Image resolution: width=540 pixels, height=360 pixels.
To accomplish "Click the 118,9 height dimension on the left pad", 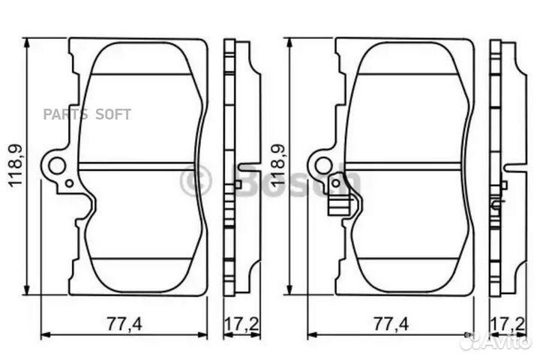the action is pos(16,166).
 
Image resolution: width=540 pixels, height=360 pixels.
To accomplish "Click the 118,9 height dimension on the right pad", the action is pos(278,166).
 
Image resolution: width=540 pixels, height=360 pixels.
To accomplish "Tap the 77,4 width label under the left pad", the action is pos(124,324).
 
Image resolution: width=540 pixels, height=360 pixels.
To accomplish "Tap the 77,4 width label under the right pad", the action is pos(391,324).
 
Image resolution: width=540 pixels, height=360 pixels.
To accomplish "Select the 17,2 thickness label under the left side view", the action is pos(241,324).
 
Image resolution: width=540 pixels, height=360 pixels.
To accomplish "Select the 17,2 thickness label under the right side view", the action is pos(508,324).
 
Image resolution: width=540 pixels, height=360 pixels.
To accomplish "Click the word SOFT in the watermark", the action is pos(113,114).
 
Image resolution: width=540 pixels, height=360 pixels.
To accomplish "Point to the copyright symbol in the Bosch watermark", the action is pos(195,180).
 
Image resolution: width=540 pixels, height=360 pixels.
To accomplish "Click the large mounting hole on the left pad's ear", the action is pos(57,166).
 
